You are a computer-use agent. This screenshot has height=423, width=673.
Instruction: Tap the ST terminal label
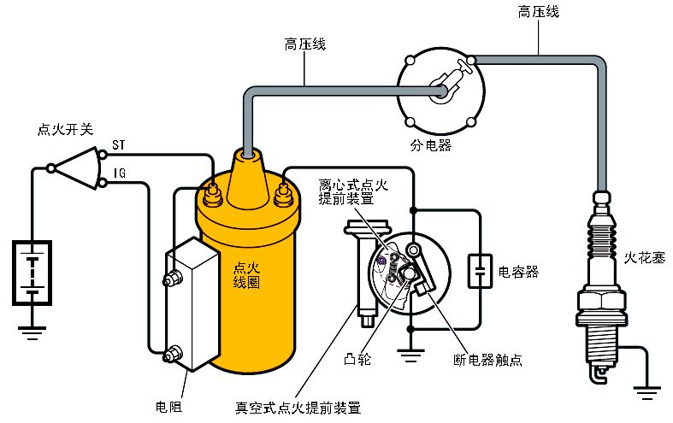pos(120,147)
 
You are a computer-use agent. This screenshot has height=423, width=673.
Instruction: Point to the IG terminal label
pos(120,173)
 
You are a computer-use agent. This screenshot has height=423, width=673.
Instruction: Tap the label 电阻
pos(168,405)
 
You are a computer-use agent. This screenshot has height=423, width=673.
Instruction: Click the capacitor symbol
pos(477,272)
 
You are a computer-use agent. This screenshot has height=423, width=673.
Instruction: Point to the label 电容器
pos(518,272)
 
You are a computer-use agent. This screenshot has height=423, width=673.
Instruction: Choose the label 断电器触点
pos(487,359)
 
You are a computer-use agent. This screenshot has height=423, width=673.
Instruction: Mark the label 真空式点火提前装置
pos(297,405)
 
